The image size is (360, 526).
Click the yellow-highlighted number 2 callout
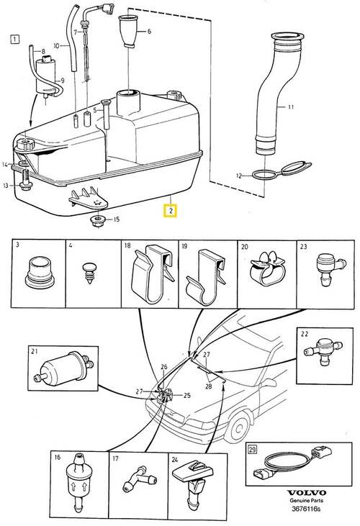point(170,211)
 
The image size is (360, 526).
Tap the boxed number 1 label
point(15,40)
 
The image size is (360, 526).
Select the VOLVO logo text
point(306,493)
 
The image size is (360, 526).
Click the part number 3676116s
point(306,509)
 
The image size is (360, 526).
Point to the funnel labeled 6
point(129,31)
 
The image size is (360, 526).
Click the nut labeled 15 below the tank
point(98,221)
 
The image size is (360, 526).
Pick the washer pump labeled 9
point(46,77)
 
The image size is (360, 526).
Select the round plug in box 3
point(40,272)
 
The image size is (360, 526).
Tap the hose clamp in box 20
point(267,269)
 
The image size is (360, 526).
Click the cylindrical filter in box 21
point(63,369)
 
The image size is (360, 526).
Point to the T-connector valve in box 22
point(323,350)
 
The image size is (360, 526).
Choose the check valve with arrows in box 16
point(79,482)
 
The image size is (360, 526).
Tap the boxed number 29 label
point(252,449)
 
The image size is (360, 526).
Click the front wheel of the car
point(238,428)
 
